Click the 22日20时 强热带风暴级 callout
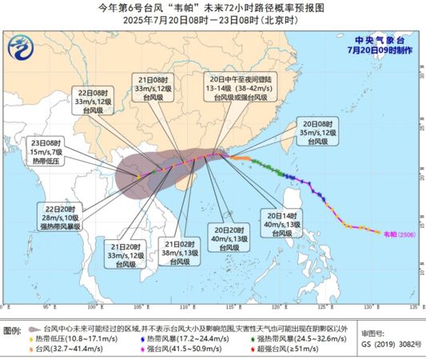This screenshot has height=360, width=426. (63, 215)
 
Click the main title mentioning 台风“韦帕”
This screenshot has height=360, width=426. (212, 6)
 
